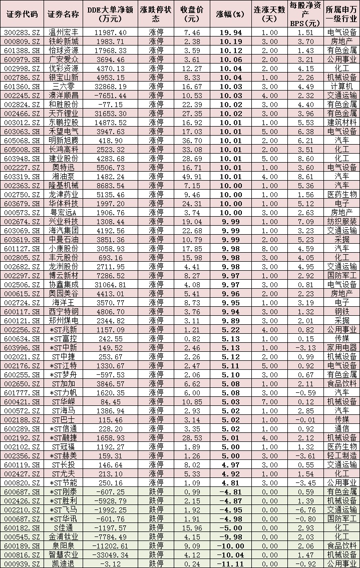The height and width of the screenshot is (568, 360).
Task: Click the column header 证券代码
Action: click(x=22, y=14)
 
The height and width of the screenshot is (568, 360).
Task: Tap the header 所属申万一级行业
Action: click(x=341, y=14)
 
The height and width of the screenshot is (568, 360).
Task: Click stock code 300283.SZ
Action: click(x=22, y=32)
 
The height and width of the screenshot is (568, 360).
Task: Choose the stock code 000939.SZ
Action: click(x=22, y=563)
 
